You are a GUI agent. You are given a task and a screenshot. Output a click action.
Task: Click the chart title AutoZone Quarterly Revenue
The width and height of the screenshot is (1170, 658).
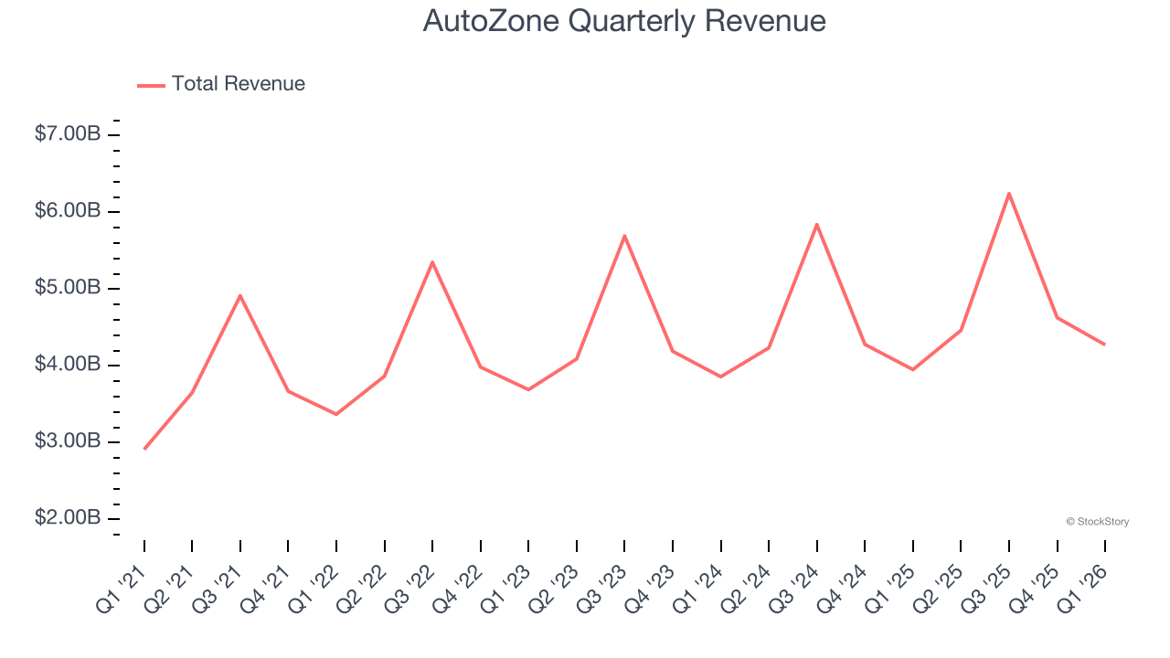[x=624, y=21]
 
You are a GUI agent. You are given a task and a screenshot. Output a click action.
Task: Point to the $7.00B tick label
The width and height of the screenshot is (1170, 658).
[x=68, y=134]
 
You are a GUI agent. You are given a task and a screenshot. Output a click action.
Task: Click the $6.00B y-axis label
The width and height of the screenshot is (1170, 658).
[x=68, y=211]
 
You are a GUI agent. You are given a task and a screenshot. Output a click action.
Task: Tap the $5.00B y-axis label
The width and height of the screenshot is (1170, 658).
[x=68, y=288]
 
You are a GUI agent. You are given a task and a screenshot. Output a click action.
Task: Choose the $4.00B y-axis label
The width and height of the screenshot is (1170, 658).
[x=68, y=365]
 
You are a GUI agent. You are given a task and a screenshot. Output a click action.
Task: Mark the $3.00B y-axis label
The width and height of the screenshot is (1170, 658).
[x=68, y=441]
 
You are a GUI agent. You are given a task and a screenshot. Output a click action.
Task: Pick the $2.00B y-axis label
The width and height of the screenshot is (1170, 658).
[x=68, y=518]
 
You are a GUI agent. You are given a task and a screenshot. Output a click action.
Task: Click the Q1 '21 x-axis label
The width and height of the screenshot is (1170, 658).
[x=120, y=588]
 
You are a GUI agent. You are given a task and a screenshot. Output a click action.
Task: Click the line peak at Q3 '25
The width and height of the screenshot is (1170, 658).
[x=1009, y=194]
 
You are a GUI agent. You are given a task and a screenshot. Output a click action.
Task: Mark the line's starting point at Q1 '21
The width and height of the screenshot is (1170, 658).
[x=144, y=449]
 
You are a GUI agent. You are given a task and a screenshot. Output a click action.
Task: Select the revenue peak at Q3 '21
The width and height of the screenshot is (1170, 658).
[x=240, y=295]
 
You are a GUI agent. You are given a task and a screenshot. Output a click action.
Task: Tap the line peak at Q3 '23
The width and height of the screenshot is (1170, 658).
[x=624, y=236]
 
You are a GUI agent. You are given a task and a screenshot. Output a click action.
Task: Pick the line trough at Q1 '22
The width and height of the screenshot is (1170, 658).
[x=336, y=414]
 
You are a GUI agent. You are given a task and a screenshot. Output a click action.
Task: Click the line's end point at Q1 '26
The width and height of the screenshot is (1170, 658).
[x=1105, y=345]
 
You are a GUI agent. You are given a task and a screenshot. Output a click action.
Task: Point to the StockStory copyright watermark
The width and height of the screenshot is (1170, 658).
[x=1097, y=522]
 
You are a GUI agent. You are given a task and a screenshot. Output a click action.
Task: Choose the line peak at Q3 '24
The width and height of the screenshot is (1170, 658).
[x=816, y=224]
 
